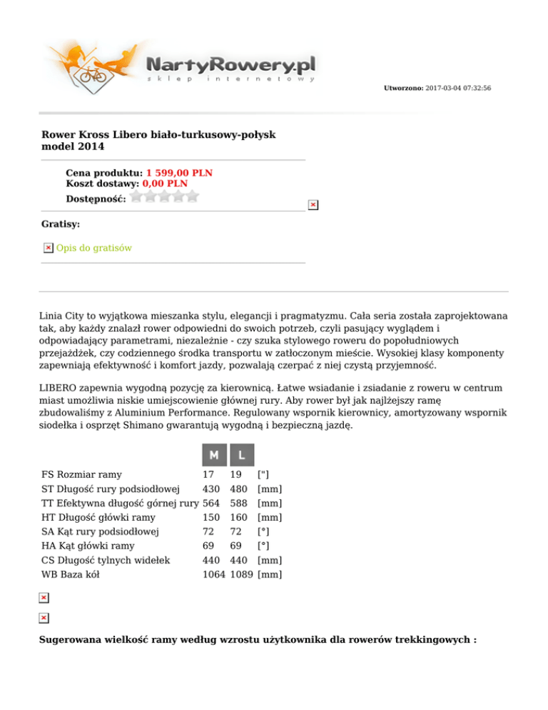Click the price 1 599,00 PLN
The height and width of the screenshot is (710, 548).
pyautogui.click(x=179, y=173)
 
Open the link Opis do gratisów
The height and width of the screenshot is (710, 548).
pyautogui.click(x=93, y=248)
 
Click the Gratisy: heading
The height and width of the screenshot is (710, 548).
pyautogui.click(x=61, y=224)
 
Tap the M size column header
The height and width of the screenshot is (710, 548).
pyautogui.click(x=213, y=455)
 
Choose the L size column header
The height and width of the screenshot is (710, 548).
pyautogui.click(x=242, y=455)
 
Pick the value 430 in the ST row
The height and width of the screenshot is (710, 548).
pyautogui.click(x=210, y=489)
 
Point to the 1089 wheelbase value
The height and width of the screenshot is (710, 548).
pyautogui.click(x=242, y=574)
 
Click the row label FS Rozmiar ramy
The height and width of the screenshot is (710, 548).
pyautogui.click(x=81, y=474)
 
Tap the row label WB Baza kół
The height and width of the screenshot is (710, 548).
pyautogui.click(x=70, y=574)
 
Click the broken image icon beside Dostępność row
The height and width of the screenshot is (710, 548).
pyautogui.click(x=312, y=205)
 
